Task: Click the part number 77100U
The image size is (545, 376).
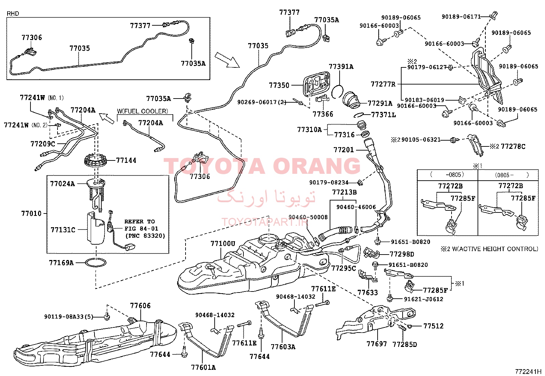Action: click(x=223, y=244)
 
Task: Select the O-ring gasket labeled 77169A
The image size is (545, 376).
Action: click(x=96, y=263)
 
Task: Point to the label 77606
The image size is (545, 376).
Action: click(x=140, y=306)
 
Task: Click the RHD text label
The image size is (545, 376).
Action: click(x=13, y=13)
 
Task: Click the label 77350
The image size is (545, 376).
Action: click(x=279, y=86)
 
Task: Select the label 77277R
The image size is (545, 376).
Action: click(x=383, y=84)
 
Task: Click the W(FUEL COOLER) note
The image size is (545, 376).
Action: click(x=142, y=111)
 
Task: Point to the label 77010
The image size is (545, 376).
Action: click(x=31, y=213)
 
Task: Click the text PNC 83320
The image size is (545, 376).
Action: click(x=145, y=236)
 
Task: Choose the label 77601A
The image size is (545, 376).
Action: click(x=203, y=367)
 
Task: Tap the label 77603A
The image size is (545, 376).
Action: click(x=283, y=347)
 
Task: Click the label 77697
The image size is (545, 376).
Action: click(x=377, y=343)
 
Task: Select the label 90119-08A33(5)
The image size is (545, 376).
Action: click(x=69, y=317)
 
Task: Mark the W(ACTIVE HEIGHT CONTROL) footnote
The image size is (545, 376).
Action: click(x=490, y=249)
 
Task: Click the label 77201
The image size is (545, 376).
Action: click(x=344, y=150)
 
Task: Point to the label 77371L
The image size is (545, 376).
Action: click(x=383, y=115)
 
